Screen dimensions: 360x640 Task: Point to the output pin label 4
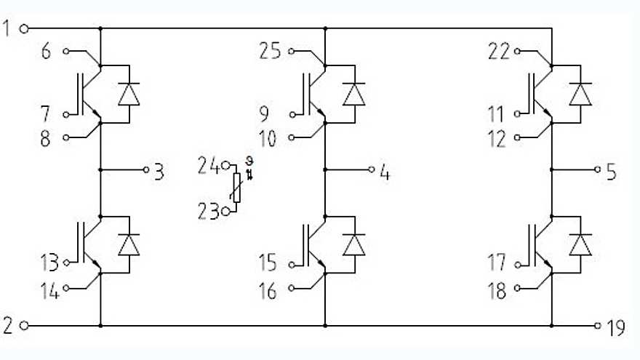tap(385, 172)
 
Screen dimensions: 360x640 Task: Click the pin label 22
tap(498, 52)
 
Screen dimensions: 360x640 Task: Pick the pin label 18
tap(498, 291)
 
